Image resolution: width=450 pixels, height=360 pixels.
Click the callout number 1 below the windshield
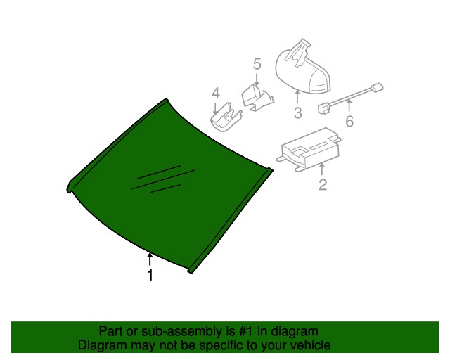[x=150, y=275]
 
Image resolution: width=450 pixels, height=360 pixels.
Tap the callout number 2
[x=323, y=184]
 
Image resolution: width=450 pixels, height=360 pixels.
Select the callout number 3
[x=297, y=112]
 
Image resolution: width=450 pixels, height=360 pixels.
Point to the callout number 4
[x=216, y=94]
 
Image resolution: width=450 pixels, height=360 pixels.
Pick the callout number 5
[x=257, y=64]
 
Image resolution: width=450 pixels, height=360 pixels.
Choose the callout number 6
[x=349, y=121]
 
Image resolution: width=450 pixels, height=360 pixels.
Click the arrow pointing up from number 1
[x=150, y=259]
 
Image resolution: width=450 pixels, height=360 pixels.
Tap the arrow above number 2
[x=322, y=169]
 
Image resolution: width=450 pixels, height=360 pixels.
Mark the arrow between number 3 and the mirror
[x=297, y=96]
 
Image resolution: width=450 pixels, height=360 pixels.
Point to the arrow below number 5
[x=257, y=79]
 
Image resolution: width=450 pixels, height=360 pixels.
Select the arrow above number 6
[x=349, y=105]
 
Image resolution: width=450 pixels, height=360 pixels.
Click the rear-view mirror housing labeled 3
[x=303, y=73]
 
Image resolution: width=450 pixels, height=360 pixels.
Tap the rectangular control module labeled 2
[x=309, y=149]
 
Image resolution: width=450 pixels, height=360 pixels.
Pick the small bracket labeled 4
[x=226, y=118]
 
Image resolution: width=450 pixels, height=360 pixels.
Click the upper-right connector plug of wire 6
[x=377, y=87]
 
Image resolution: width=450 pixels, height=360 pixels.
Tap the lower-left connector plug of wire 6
[x=324, y=108]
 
